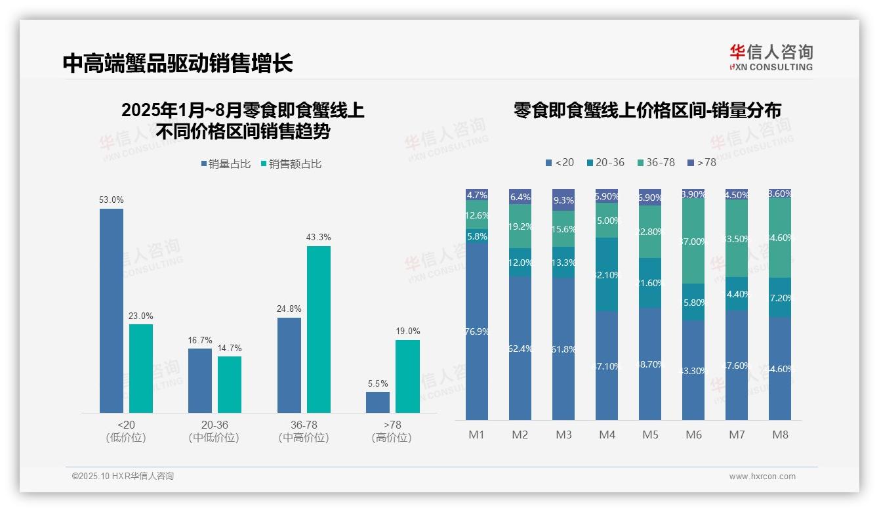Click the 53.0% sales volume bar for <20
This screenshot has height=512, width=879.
(112, 310)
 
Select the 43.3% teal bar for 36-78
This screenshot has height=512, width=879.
(319, 329)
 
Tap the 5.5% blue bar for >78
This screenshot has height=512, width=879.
(378, 402)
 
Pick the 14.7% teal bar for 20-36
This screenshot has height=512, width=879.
(230, 384)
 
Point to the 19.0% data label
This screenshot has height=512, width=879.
(407, 331)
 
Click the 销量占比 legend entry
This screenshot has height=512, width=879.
(226, 164)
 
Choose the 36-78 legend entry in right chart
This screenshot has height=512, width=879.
(655, 162)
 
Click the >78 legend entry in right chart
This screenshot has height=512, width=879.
(701, 162)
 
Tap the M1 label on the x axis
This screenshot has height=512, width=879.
(476, 435)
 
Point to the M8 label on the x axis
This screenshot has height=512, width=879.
(780, 435)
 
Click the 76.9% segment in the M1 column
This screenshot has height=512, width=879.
(477, 331)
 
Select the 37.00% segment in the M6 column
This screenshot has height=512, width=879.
(693, 241)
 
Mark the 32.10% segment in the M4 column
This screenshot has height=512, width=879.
(607, 274)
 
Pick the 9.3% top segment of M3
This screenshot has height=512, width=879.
(563, 200)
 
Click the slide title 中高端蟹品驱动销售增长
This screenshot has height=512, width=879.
(178, 64)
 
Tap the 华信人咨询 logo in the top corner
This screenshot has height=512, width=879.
(771, 57)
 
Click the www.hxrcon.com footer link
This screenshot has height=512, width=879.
(762, 477)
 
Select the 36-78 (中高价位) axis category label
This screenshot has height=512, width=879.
(304, 431)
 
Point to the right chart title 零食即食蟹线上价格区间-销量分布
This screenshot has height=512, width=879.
(647, 111)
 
